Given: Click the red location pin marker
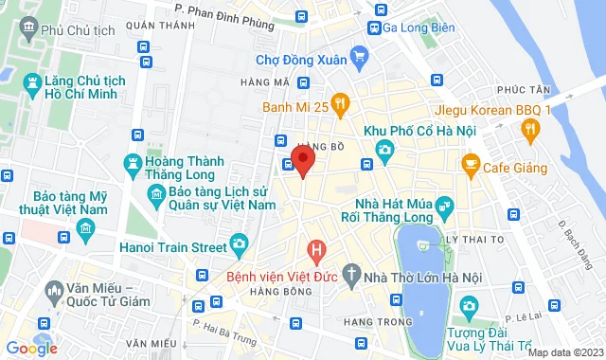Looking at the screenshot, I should tap(302, 159).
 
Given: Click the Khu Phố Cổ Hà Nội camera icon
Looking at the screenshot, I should tap(384, 150).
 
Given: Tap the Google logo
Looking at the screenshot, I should tap(30, 349).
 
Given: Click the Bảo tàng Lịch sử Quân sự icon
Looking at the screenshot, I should tap(157, 195).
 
